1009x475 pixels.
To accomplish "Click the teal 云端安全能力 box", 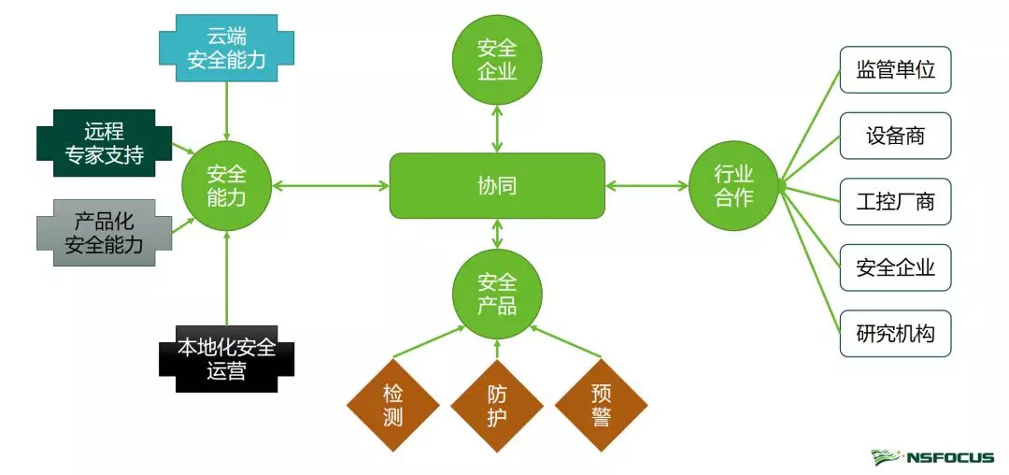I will pos(226,50).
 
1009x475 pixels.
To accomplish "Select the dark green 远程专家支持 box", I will pos(105,143).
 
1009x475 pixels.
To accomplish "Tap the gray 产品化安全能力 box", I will pos(105,233).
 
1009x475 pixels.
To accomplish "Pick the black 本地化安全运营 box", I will pos(226,360).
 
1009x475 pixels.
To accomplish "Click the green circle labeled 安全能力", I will pos(226,185).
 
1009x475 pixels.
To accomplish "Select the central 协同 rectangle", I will pos(496,186).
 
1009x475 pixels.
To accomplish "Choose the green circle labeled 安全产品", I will pos(496,294).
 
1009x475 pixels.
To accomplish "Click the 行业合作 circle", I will pos(733,185).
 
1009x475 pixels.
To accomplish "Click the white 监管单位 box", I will pos(895,70).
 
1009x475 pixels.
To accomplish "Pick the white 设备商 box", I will pos(895,136).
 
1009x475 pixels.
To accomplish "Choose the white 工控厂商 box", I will pos(895,202).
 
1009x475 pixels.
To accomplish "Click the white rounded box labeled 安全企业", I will pos(895,268).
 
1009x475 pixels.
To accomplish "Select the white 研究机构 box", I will pos(895,334).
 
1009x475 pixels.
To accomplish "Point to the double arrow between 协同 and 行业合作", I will pos(647,186).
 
